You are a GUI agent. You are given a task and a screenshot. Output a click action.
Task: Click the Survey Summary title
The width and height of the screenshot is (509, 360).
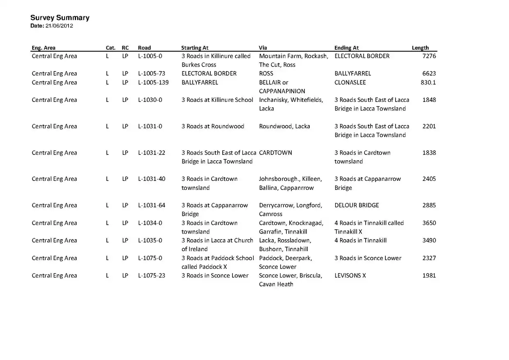[x=60, y=18]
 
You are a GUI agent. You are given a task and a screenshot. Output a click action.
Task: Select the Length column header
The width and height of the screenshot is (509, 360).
[x=420, y=48]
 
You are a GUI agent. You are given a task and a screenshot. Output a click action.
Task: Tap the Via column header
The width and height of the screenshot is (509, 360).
[x=263, y=48]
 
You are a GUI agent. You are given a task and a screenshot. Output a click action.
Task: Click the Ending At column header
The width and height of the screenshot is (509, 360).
[x=346, y=48]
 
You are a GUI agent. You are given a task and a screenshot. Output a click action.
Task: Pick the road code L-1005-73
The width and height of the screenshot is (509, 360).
[x=151, y=74]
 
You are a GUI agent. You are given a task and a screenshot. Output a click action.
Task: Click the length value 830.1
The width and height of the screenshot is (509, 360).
[x=428, y=82]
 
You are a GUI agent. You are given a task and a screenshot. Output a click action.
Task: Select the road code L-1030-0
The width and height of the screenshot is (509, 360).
[x=150, y=100]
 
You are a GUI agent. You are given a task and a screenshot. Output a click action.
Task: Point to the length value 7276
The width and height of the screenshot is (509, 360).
[x=429, y=56]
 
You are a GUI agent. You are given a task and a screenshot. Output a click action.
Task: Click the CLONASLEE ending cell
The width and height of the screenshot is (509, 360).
[x=350, y=82]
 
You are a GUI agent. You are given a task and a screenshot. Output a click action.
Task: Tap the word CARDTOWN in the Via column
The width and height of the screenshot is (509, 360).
[x=275, y=152]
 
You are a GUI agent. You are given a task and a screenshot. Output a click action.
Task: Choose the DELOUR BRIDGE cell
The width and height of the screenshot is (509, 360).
[x=357, y=205]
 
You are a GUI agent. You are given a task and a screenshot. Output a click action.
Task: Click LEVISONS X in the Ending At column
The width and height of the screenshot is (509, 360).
[x=350, y=275]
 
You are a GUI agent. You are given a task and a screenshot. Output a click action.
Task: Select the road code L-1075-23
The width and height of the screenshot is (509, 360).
[x=151, y=275]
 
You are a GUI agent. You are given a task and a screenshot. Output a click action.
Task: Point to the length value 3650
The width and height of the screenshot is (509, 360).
[x=429, y=223]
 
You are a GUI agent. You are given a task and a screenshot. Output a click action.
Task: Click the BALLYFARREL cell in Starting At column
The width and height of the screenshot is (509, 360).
[x=200, y=82]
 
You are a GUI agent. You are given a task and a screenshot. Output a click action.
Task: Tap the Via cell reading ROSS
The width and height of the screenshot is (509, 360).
[x=266, y=74]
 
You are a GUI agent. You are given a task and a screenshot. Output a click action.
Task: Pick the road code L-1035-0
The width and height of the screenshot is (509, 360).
[x=150, y=240]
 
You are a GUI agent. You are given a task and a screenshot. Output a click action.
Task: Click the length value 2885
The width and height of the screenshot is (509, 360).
[x=429, y=205]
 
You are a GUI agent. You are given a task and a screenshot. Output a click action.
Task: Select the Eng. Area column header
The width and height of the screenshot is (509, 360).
[x=44, y=48]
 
